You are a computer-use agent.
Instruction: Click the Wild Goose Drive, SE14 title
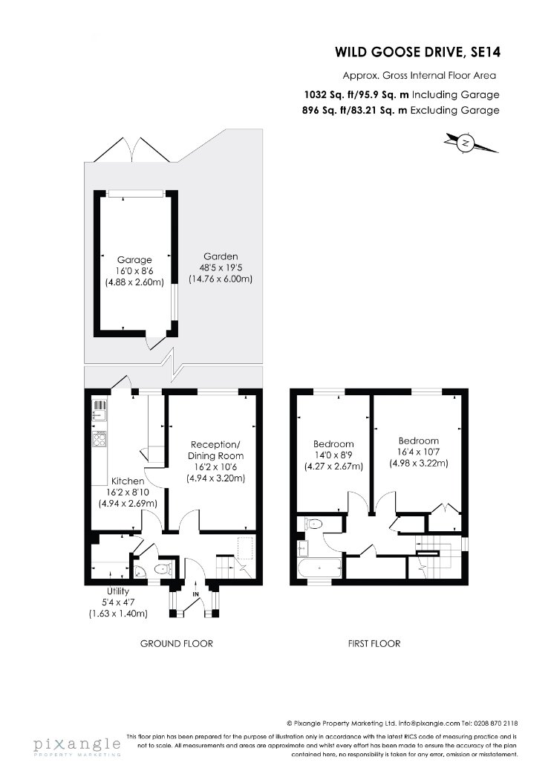tap(417, 52)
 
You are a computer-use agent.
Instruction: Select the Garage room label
tap(134, 260)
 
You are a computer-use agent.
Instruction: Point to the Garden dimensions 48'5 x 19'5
tap(221, 268)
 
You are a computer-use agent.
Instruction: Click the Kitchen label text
tap(128, 481)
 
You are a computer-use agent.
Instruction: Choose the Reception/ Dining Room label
tap(216, 449)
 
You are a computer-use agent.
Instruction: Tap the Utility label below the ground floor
tap(118, 591)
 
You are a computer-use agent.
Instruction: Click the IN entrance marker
tap(195, 594)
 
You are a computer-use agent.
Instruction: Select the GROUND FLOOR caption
tap(177, 644)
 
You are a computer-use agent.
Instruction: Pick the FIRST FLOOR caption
tap(374, 644)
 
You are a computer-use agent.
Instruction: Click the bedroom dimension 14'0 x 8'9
tap(333, 455)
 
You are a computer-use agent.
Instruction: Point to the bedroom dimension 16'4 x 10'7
tap(418, 452)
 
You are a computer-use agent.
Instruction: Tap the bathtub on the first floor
tap(319, 568)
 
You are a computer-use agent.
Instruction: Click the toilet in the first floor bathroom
tap(313, 523)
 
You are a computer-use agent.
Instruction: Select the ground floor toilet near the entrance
tap(163, 569)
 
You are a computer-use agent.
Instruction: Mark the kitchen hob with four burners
tap(100, 439)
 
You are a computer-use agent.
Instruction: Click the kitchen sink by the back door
tap(100, 410)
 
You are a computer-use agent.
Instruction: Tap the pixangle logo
tap(77, 746)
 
